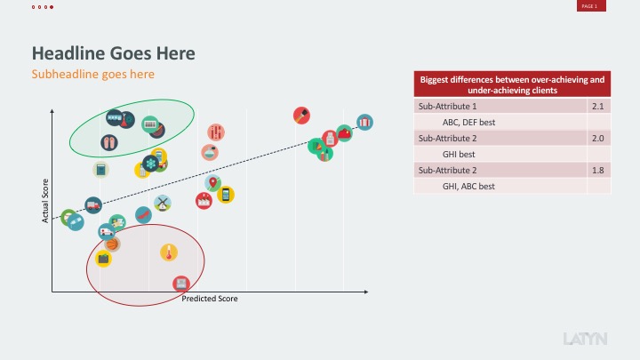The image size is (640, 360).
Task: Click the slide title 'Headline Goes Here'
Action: pos(113,53)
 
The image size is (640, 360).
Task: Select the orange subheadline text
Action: pos(93,74)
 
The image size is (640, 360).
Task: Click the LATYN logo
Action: pos(586,338)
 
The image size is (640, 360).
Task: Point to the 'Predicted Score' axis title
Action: pos(210,299)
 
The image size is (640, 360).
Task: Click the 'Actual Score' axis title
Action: pos(45,200)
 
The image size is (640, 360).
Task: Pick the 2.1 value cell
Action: pos(598,106)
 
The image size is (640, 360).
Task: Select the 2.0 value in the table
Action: pos(598,138)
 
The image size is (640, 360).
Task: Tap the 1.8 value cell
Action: pos(598,170)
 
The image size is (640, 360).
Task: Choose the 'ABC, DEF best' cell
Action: pos(468,122)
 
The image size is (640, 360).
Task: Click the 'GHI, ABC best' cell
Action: pos(468,186)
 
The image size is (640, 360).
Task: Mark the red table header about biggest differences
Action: pos(511,84)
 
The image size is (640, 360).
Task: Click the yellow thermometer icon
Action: pos(167,253)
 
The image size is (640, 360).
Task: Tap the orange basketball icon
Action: pos(113,243)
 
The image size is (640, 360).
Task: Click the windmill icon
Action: pos(162,204)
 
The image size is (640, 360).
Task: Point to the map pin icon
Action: pos(212,183)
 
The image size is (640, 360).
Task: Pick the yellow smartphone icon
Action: pos(225,194)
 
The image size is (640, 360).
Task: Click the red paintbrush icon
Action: pos(302,116)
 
